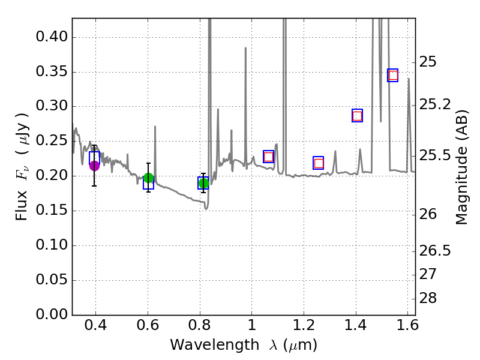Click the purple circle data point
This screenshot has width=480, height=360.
point(94,166)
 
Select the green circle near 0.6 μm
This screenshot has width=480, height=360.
point(148,178)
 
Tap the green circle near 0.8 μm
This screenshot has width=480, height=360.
point(203,183)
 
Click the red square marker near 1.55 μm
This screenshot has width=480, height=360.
point(393,76)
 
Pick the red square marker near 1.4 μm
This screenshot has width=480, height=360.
point(357,116)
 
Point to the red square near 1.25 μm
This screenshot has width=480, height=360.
point(319,163)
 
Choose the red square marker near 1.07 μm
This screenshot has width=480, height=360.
point(268,157)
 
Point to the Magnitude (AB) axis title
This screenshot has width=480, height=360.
point(461,167)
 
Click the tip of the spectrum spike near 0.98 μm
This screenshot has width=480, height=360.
point(245,47)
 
